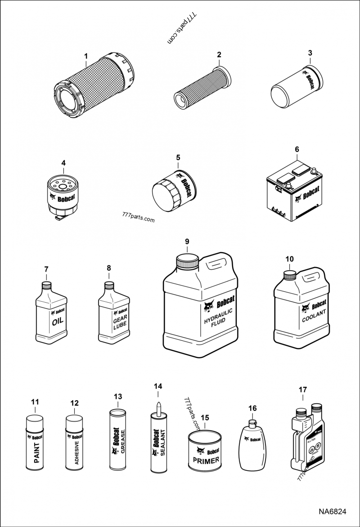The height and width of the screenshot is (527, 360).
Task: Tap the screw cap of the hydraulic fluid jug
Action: tap(188, 262)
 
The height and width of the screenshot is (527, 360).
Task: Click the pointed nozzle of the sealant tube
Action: tap(158, 406)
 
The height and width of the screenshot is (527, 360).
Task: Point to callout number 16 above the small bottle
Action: tap(252, 408)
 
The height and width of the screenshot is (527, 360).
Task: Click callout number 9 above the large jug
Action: tap(188, 241)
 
